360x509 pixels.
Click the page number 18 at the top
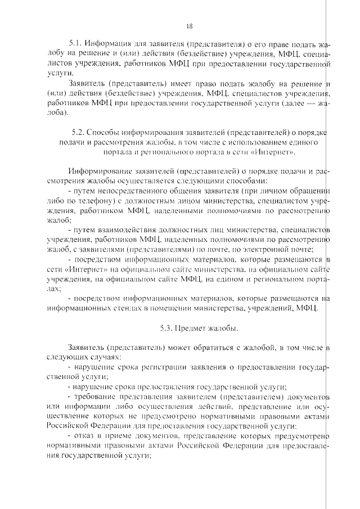[189, 26]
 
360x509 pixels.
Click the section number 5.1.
[75, 43]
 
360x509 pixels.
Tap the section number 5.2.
[79, 133]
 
